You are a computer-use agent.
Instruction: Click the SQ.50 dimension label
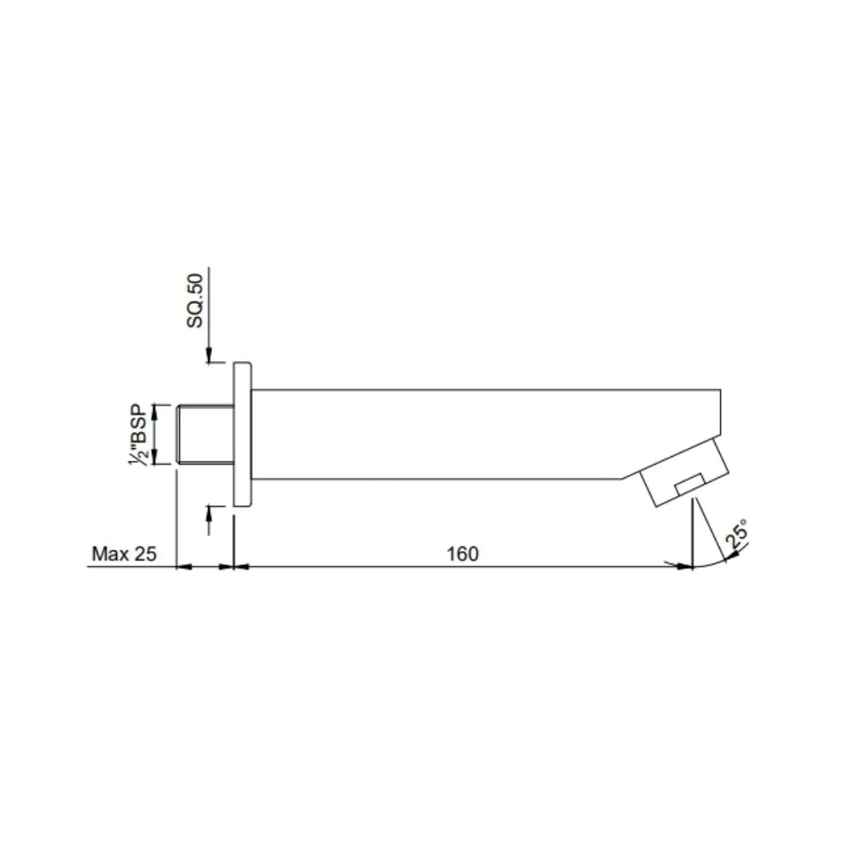(x=195, y=300)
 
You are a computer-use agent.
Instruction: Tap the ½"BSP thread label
(x=139, y=435)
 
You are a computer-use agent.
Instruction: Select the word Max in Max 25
(x=110, y=553)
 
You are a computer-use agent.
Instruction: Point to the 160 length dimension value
(x=462, y=553)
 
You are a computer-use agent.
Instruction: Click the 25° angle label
(x=736, y=534)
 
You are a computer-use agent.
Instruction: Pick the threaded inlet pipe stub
(x=205, y=434)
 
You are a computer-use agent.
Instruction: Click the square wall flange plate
(x=242, y=434)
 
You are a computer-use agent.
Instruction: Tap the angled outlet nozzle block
(x=685, y=472)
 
